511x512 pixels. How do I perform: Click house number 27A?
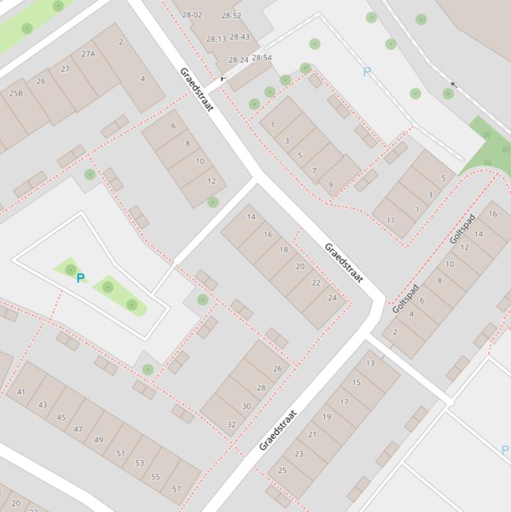[88, 55]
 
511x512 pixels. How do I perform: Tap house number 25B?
[16, 94]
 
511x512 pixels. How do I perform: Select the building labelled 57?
[176, 489]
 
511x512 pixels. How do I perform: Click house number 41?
[21, 392]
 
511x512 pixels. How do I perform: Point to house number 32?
[231, 424]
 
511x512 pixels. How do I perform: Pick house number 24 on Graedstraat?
[332, 298]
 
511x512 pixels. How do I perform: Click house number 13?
[370, 363]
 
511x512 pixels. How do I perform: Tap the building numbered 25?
[282, 470]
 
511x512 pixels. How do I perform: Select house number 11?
[390, 221]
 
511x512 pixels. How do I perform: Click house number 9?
[330, 185]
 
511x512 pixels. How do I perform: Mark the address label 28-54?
[262, 58]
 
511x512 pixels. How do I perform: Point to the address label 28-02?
[192, 15]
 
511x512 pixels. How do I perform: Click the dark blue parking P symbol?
[80, 279]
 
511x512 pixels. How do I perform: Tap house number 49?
[99, 440]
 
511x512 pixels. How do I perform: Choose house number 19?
[326, 417]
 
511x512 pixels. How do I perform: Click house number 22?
[316, 283]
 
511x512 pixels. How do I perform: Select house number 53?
[140, 463]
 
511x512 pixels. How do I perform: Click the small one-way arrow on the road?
[454, 85]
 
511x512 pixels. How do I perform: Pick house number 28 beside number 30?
[261, 388]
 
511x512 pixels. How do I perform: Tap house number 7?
[314, 171]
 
